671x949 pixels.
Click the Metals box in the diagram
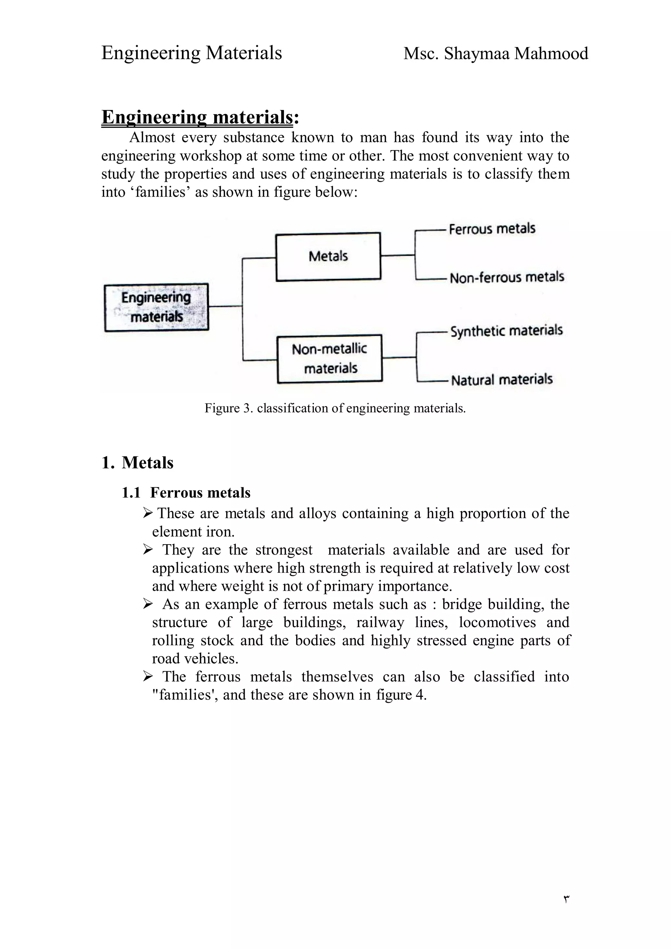328,257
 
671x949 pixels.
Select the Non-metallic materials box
330,358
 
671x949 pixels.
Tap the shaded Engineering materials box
156,307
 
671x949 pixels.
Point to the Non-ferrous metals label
507,277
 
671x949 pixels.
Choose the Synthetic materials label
506,331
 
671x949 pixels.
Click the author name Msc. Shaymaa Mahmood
495,54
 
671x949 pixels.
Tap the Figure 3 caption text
335,408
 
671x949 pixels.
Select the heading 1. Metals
137,462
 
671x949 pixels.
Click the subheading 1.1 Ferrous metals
186,493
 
